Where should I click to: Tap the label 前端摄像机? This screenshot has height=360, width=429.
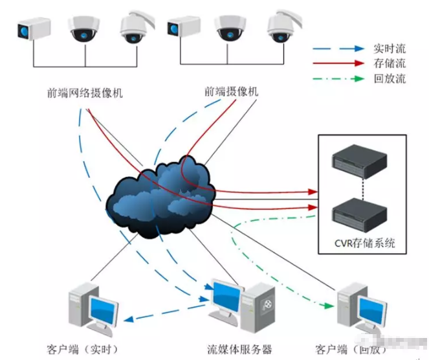pos(231,92)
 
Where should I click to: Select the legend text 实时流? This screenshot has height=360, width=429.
pos(390,48)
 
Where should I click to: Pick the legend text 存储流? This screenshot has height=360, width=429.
pos(390,63)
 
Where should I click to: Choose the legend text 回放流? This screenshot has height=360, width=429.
pos(390,79)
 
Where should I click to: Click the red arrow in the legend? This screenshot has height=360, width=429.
pos(338,63)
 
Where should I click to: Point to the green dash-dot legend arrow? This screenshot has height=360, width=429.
pos(338,79)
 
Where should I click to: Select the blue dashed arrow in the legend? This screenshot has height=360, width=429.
pos(338,48)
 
